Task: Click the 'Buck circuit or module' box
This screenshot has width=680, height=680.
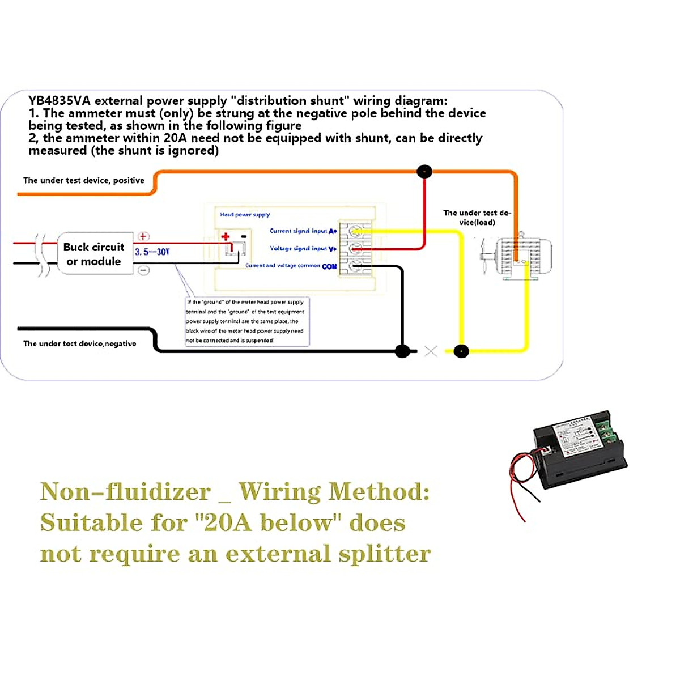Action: (x=94, y=254)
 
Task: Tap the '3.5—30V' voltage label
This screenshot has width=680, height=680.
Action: (x=152, y=252)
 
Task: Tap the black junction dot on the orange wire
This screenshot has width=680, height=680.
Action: (x=424, y=171)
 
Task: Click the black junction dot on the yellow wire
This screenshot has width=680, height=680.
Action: (x=461, y=351)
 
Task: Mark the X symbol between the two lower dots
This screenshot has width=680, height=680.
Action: (x=431, y=351)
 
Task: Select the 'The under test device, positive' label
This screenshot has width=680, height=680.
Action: (x=84, y=180)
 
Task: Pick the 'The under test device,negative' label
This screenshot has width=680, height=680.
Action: (x=79, y=343)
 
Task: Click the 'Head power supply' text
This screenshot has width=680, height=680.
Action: (x=245, y=215)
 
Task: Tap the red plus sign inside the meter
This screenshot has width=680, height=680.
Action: (x=226, y=236)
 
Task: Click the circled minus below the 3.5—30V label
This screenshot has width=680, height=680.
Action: (x=144, y=270)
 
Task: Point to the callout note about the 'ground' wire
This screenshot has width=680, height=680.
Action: (x=246, y=321)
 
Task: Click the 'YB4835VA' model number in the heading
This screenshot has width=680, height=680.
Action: (x=59, y=101)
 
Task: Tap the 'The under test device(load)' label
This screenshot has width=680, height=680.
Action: (x=477, y=218)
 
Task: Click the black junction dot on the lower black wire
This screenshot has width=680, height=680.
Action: (x=402, y=351)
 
